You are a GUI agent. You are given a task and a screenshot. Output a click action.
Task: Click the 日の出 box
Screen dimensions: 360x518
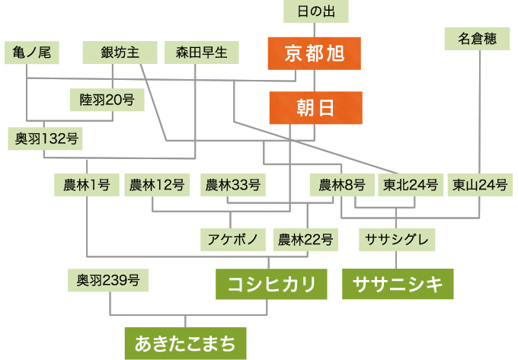point(315,11)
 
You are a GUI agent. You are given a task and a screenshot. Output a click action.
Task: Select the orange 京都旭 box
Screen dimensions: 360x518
point(314,53)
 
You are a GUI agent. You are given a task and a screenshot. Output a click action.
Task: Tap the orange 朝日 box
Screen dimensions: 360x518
point(315,108)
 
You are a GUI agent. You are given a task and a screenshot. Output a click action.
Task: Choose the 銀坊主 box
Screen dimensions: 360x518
point(120,53)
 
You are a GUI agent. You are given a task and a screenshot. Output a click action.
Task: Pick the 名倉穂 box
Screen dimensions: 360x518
point(478,39)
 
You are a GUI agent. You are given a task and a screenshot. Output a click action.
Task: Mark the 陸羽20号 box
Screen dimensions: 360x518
point(107,100)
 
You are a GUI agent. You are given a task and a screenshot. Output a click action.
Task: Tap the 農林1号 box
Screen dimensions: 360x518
point(87,184)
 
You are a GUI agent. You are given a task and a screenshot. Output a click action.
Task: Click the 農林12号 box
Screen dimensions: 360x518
point(157,184)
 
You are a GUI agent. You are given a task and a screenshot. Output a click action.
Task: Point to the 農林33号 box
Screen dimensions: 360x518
point(233,184)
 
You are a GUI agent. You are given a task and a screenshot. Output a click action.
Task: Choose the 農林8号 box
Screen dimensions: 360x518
point(342,184)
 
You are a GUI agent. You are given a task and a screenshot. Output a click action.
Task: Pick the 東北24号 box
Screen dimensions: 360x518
point(411,184)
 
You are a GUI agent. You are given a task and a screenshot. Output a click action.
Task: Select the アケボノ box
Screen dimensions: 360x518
point(233,240)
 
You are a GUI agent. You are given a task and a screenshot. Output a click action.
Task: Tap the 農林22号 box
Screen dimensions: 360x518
point(305,240)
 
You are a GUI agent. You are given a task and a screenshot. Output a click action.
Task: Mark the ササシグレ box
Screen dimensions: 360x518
point(397,240)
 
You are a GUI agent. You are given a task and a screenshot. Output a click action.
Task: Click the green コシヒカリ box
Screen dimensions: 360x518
point(272,285)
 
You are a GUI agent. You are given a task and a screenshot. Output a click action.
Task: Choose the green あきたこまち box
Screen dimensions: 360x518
point(186,344)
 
